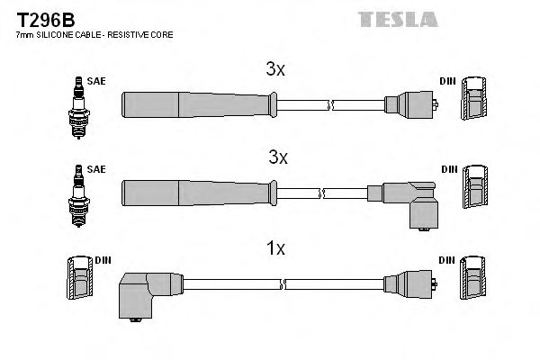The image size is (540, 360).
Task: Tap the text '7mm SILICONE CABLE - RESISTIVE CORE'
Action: point(94,35)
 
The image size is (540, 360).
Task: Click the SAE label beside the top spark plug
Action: point(97,81)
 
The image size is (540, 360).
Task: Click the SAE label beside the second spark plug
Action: point(97,168)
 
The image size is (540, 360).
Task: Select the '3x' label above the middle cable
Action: point(277,157)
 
